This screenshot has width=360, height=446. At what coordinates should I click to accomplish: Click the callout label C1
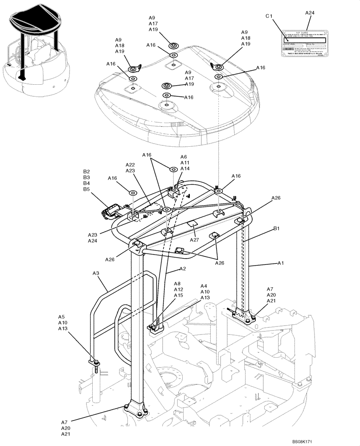pyautogui.click(x=269, y=17)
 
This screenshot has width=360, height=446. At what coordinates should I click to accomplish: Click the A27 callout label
pyautogui.click(x=194, y=240)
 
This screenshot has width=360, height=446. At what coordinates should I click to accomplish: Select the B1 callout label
pyautogui.click(x=276, y=229)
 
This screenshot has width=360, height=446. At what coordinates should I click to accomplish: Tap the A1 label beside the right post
pyautogui.click(x=281, y=263)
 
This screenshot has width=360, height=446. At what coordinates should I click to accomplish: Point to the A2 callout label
pyautogui.click(x=183, y=269)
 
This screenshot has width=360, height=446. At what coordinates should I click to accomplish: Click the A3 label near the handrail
pyautogui.click(x=96, y=273)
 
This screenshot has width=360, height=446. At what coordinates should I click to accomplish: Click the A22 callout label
pyautogui.click(x=130, y=165)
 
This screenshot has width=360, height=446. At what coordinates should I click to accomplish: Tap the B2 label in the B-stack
pyautogui.click(x=86, y=172)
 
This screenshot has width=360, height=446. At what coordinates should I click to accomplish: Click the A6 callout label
pyautogui.click(x=184, y=157)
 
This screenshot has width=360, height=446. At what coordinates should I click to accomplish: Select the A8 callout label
pyautogui.click(x=178, y=284)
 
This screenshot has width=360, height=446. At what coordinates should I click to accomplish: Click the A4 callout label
pyautogui.click(x=204, y=286)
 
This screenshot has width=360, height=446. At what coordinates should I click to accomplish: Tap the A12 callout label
pyautogui.click(x=178, y=289)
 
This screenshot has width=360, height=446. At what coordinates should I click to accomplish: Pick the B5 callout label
pyautogui.click(x=86, y=189)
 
